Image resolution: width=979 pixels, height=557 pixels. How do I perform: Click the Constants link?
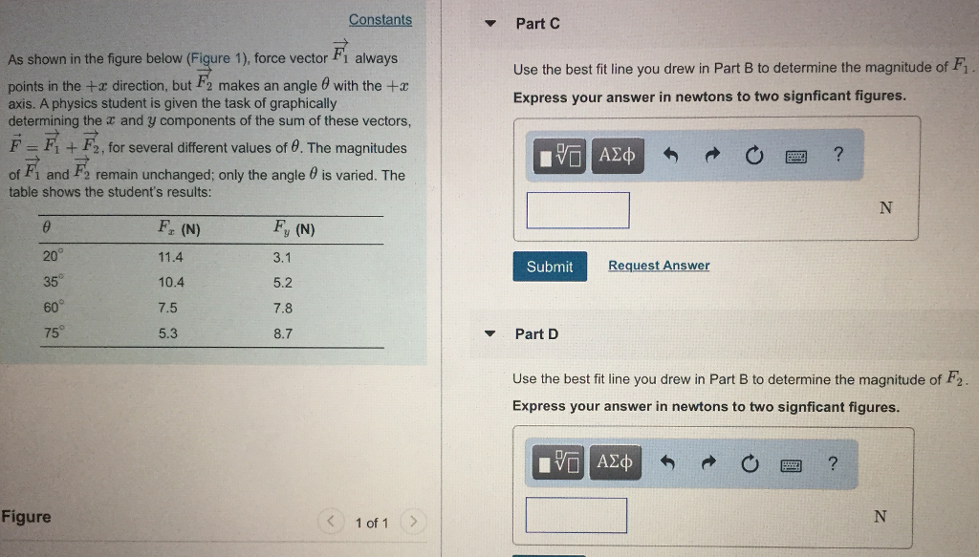click(381, 20)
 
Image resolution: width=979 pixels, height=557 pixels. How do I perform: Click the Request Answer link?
click(659, 266)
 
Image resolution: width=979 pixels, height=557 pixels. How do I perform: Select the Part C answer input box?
click(577, 210)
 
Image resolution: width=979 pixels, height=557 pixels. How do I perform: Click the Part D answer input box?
click(576, 516)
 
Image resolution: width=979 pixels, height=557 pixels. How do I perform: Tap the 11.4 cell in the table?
click(171, 257)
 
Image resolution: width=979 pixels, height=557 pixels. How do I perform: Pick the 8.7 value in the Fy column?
click(282, 334)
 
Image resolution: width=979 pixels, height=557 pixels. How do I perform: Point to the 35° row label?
click(52, 282)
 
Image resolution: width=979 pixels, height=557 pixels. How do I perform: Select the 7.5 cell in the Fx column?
click(167, 309)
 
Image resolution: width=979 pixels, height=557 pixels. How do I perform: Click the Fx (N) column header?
click(178, 229)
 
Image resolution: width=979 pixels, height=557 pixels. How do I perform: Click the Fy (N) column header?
click(294, 229)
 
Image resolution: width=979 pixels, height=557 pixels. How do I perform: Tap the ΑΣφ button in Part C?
click(618, 155)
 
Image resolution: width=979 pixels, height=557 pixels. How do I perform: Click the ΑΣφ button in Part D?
click(617, 463)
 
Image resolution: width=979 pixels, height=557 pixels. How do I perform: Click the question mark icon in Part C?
click(838, 155)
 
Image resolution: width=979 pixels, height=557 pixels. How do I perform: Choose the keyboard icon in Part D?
click(790, 465)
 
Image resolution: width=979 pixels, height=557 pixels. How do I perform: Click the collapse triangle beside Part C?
click(489, 24)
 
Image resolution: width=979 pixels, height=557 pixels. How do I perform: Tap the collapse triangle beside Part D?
click(489, 334)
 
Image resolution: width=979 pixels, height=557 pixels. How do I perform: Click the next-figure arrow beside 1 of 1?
click(412, 523)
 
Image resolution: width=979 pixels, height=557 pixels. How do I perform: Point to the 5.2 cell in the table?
click(282, 283)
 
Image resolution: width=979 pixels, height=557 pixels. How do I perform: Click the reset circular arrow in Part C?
click(753, 156)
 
